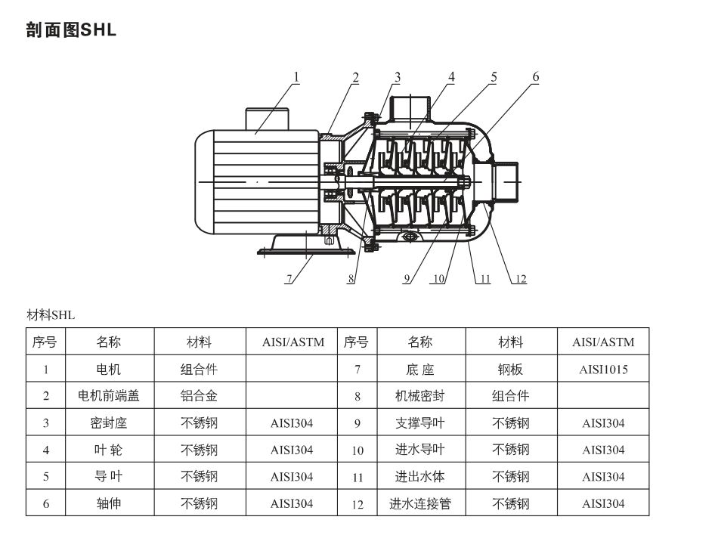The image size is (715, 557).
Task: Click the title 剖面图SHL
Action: [71, 32]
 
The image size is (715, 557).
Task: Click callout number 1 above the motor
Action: [296, 76]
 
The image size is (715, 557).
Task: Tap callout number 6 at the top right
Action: [535, 76]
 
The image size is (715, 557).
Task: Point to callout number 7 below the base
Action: [289, 279]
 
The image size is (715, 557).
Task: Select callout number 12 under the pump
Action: [520, 279]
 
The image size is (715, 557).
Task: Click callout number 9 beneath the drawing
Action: [407, 279]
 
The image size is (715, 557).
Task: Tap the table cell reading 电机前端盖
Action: [109, 396]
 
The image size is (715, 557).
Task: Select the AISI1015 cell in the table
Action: [603, 370]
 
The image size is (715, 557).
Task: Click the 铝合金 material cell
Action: [199, 396]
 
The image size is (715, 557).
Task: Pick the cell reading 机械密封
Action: [420, 396]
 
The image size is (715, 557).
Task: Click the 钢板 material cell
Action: [510, 370]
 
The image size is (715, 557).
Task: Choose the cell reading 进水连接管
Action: [420, 503]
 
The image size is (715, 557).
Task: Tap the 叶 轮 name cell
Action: [109, 450]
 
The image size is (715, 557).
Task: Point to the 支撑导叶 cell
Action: [420, 422]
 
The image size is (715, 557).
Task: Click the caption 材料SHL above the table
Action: [51, 315]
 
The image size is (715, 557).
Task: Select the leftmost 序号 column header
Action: [45, 342]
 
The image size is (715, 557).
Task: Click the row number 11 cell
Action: [357, 477]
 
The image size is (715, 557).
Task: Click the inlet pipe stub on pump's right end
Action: [506, 181]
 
